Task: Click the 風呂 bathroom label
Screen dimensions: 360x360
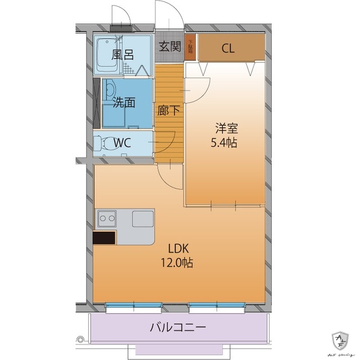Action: click(x=122, y=55)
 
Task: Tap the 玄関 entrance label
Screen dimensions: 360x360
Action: click(x=169, y=47)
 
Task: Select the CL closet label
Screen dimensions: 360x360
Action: click(x=227, y=48)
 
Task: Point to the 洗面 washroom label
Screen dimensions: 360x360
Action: click(x=124, y=102)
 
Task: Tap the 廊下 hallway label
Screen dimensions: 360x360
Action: click(x=169, y=110)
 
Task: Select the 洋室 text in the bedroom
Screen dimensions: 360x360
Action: click(x=224, y=128)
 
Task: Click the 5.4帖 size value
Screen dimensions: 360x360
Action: click(x=224, y=142)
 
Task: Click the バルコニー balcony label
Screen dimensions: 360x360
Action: click(x=178, y=327)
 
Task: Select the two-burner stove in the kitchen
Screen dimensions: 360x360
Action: click(x=106, y=218)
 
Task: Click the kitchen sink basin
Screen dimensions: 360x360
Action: click(x=143, y=218)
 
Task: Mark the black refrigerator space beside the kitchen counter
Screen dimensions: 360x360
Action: click(x=104, y=238)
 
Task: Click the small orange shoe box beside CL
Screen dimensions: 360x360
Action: click(x=191, y=48)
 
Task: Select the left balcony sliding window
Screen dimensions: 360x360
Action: click(x=135, y=307)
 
